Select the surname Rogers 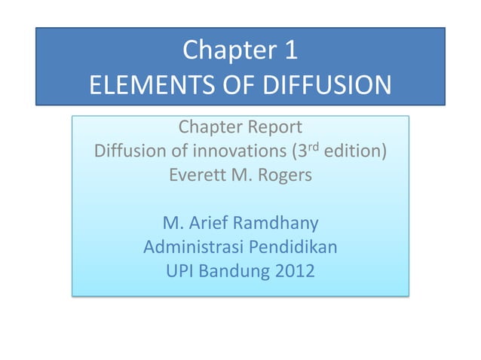click(283, 176)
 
